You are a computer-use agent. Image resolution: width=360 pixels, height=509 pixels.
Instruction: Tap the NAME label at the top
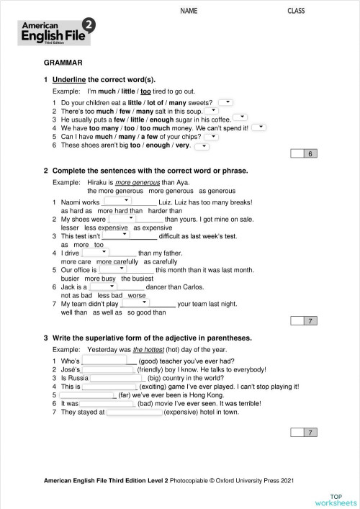189,11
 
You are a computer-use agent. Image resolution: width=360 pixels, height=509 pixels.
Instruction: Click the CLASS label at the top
296,11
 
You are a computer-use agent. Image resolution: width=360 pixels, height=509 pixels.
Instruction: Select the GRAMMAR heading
63,63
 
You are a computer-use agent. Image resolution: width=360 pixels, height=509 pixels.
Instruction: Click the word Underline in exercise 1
70,79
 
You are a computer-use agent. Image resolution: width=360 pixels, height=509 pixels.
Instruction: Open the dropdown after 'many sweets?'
225,102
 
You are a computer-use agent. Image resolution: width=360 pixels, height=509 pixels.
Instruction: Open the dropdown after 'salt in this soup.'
212,111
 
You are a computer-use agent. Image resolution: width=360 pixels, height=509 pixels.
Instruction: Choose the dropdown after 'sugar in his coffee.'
240,117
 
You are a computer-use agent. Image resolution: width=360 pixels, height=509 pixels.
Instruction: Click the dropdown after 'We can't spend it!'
258,127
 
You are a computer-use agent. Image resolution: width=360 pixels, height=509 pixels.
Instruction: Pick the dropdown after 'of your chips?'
212,135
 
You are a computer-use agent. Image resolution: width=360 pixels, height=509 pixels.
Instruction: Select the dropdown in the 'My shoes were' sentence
122,217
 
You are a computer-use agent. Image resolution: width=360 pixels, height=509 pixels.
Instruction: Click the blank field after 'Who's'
105,359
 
